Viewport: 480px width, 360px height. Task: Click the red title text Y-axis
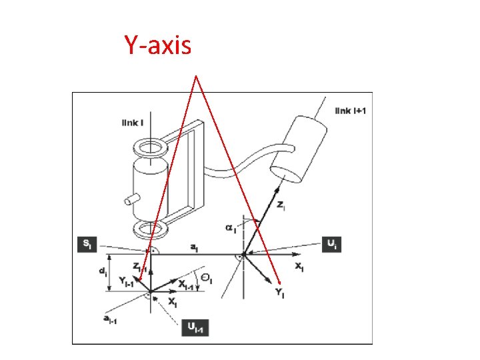pos(157,45)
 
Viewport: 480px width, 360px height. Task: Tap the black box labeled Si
pos(87,245)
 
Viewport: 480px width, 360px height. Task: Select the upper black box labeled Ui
pos(331,245)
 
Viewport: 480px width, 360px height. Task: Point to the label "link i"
pos(132,123)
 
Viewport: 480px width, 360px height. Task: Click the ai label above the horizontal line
pos(193,247)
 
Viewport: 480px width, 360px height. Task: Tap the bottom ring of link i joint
pos(151,230)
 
